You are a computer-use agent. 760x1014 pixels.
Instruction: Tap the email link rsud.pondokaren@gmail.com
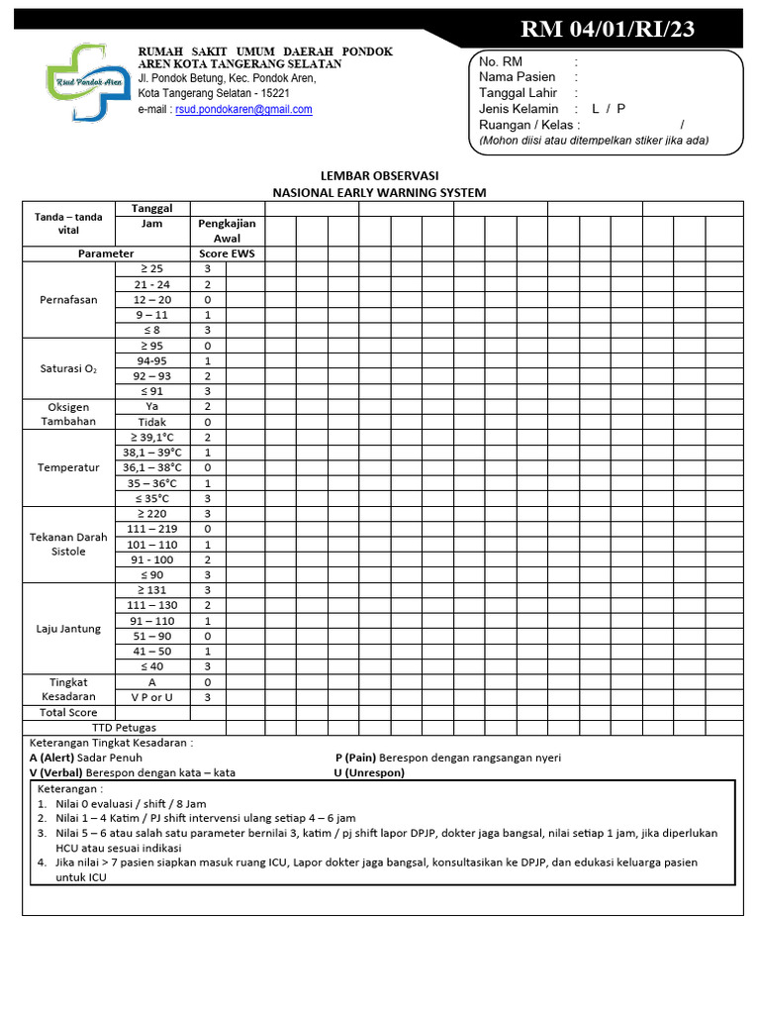243,110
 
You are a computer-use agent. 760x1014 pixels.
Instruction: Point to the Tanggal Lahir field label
519,93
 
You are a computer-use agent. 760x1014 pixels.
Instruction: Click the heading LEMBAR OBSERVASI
379,175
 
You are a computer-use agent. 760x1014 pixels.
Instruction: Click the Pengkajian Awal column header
227,231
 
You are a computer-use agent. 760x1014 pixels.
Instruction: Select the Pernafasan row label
69,300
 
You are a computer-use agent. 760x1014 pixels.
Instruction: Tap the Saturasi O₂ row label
69,369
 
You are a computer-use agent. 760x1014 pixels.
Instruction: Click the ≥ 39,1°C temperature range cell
152,437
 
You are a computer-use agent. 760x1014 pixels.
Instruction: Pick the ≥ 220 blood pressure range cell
152,514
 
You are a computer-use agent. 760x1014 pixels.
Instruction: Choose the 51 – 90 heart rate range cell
152,636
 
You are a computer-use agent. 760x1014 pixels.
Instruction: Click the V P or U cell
152,697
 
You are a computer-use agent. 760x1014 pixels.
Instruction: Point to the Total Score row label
69,712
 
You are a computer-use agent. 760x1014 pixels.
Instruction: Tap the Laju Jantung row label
69,629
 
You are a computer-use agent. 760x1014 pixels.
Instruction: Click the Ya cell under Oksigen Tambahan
152,406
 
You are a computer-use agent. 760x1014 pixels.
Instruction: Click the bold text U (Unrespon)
369,772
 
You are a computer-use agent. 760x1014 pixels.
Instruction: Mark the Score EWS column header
227,253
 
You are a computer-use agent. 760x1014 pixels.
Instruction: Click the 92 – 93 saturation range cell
152,376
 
